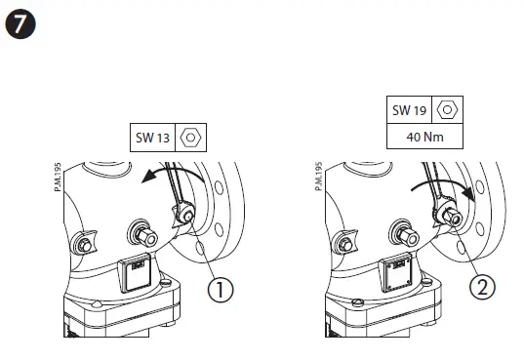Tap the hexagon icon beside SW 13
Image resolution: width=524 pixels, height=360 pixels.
(192, 138)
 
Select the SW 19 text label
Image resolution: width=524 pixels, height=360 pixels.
(411, 109)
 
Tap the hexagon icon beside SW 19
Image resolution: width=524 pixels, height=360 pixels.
(448, 109)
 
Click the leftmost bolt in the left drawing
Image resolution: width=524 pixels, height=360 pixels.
(85, 241)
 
